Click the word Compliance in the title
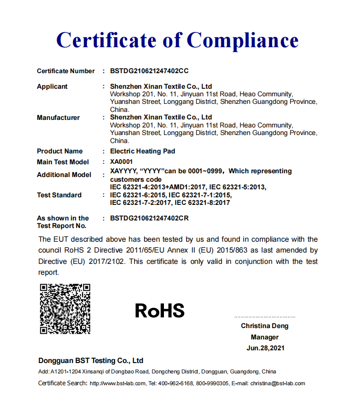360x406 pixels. pyautogui.click(x=241, y=40)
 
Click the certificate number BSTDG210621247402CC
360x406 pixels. pyautogui.click(x=149, y=71)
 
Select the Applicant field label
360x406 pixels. pyautogui.click(x=52, y=86)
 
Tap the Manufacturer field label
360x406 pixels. pyautogui.click(x=58, y=118)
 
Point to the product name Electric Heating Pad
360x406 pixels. pyautogui.click(x=142, y=151)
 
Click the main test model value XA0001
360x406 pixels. pyautogui.click(x=121, y=162)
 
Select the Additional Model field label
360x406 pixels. pyautogui.click(x=64, y=175)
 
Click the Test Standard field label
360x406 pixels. pyautogui.click(x=59, y=195)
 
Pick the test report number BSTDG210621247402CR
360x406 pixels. pyautogui.click(x=149, y=218)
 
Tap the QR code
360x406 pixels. pyautogui.click(x=65, y=309)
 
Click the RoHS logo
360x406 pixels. pyautogui.click(x=160, y=311)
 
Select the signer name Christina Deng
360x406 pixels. pyautogui.click(x=265, y=326)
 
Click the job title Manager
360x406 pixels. pyautogui.click(x=265, y=337)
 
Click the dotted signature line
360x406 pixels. pyautogui.click(x=265, y=317)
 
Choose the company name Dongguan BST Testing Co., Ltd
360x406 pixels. pyautogui.click(x=91, y=360)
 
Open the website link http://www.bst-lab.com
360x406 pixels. pyautogui.click(x=118, y=383)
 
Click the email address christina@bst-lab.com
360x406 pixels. pyautogui.click(x=278, y=383)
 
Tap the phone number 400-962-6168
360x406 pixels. pyautogui.click(x=178, y=383)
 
